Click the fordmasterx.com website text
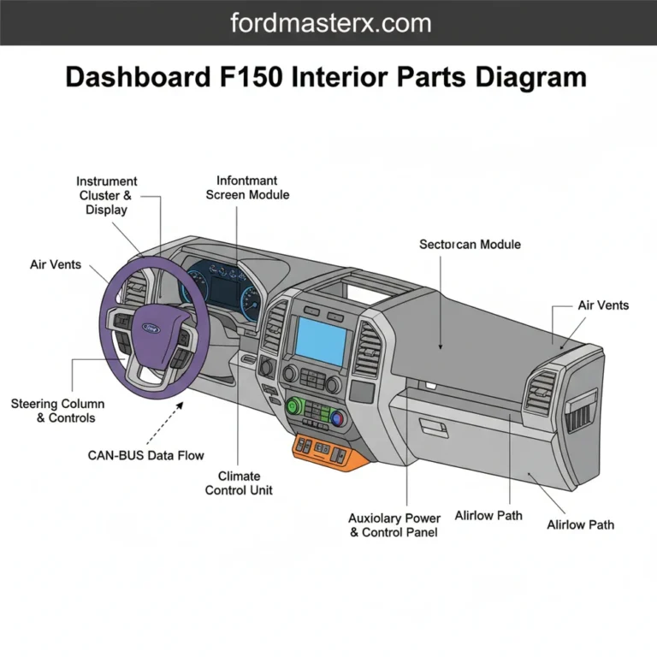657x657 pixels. (x=328, y=23)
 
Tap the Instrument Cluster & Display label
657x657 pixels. (x=106, y=196)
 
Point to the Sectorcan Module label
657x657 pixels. (x=470, y=244)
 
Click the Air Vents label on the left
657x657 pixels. (x=56, y=264)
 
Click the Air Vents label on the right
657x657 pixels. (x=602, y=305)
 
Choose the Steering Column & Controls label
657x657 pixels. (x=58, y=411)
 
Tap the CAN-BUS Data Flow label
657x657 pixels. (x=146, y=456)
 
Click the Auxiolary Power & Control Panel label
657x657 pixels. (x=394, y=525)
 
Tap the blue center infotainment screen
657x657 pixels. (x=321, y=337)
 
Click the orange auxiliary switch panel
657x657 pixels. (x=328, y=450)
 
